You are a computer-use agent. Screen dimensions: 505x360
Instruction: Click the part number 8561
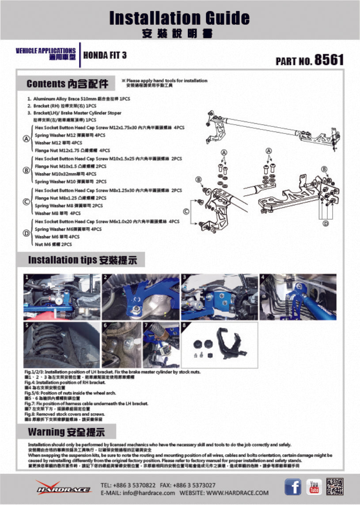[329, 60]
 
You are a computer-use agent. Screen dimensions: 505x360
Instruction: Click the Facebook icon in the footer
[293, 486]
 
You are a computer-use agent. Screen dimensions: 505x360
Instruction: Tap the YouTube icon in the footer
[315, 486]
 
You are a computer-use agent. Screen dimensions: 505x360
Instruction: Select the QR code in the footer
[334, 486]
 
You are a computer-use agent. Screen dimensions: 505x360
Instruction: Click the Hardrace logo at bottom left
[63, 488]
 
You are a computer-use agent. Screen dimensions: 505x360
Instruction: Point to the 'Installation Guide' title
[179, 18]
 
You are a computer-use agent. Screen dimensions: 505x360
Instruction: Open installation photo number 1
[62, 296]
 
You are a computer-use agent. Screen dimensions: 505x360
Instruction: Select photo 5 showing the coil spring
[62, 345]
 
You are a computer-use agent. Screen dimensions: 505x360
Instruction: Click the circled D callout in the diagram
[326, 224]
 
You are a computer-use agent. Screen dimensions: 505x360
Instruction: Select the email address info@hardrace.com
[149, 493]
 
